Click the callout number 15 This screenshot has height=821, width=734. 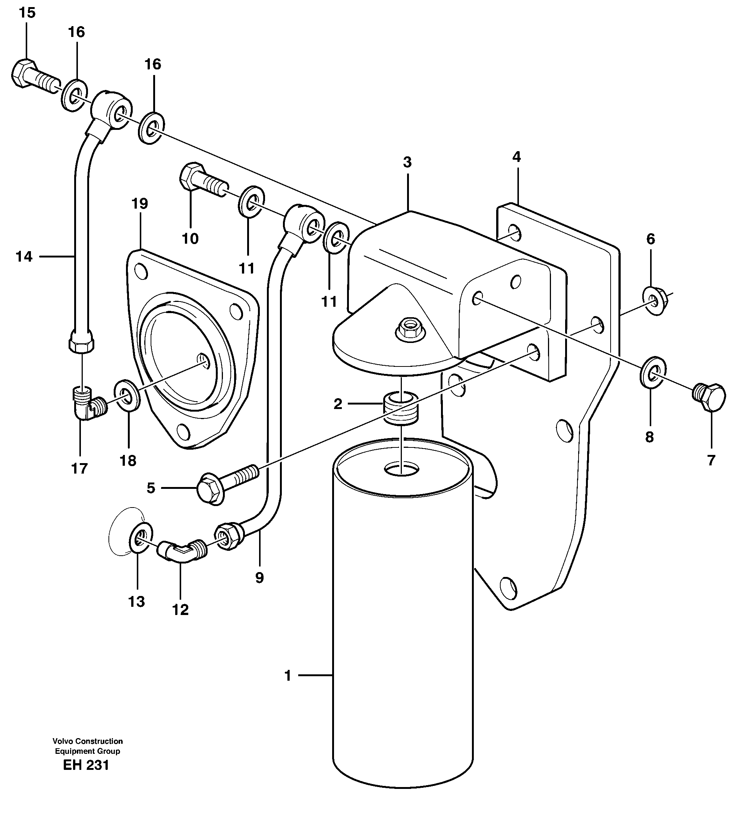point(27,13)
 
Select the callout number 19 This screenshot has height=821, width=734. point(139,204)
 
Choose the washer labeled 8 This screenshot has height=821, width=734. point(652,372)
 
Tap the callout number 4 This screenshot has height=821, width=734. point(517,157)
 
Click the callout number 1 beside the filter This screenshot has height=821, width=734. point(287,676)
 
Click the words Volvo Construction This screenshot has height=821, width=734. point(88,741)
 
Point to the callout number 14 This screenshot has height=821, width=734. point(24,256)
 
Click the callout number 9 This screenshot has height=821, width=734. point(259,578)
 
